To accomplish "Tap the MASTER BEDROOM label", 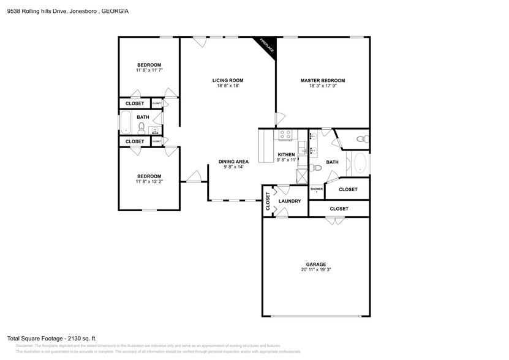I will pyautogui.click(x=322, y=80).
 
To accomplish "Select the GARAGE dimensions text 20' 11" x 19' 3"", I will pyautogui.click(x=316, y=269).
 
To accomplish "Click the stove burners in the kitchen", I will pyautogui.click(x=285, y=135).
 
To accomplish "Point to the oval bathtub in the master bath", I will pyautogui.click(x=360, y=164).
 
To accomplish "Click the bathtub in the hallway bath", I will pyautogui.click(x=126, y=122).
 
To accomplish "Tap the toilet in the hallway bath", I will pyautogui.click(x=141, y=127).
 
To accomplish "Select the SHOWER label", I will pyautogui.click(x=316, y=189).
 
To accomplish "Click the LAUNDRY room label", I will pyautogui.click(x=289, y=201).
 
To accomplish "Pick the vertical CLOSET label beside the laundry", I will pyautogui.click(x=268, y=201).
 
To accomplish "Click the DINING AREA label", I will pyautogui.click(x=233, y=162).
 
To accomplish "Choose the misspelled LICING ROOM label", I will pyautogui.click(x=228, y=80).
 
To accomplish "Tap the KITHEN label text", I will pyautogui.click(x=286, y=154).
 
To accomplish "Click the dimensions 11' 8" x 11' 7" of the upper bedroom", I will pyautogui.click(x=149, y=71).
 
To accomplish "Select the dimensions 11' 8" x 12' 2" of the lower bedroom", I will pyautogui.click(x=149, y=182).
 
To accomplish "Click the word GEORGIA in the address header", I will pyautogui.click(x=115, y=11).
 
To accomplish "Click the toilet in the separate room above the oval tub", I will pyautogui.click(x=362, y=140).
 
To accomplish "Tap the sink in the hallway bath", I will pyautogui.click(x=155, y=130).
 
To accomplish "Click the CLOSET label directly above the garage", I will pyautogui.click(x=339, y=209).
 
